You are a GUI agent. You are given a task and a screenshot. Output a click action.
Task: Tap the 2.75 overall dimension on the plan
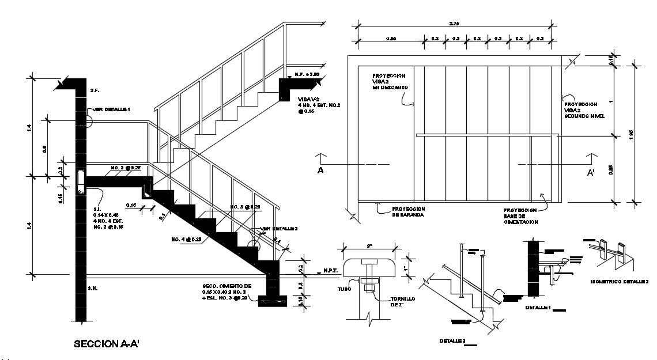[454, 23]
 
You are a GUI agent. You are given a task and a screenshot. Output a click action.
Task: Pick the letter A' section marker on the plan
[591, 172]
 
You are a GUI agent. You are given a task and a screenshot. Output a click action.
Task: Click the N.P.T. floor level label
[330, 270]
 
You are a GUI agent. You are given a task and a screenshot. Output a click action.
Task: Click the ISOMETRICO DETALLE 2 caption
[620, 282]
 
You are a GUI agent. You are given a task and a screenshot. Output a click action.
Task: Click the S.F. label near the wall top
[95, 90]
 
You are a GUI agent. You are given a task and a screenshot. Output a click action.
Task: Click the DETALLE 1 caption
[539, 308]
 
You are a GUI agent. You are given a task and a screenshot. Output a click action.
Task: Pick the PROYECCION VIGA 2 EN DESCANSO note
[390, 81]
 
